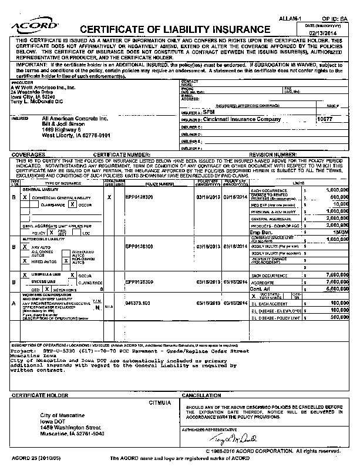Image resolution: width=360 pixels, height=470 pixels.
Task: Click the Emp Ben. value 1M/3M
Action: [337, 232]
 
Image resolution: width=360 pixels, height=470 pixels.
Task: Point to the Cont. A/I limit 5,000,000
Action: [335, 288]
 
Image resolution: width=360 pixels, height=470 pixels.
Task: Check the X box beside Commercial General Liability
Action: [24, 197]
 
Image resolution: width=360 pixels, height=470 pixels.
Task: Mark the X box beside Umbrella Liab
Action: [24, 275]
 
